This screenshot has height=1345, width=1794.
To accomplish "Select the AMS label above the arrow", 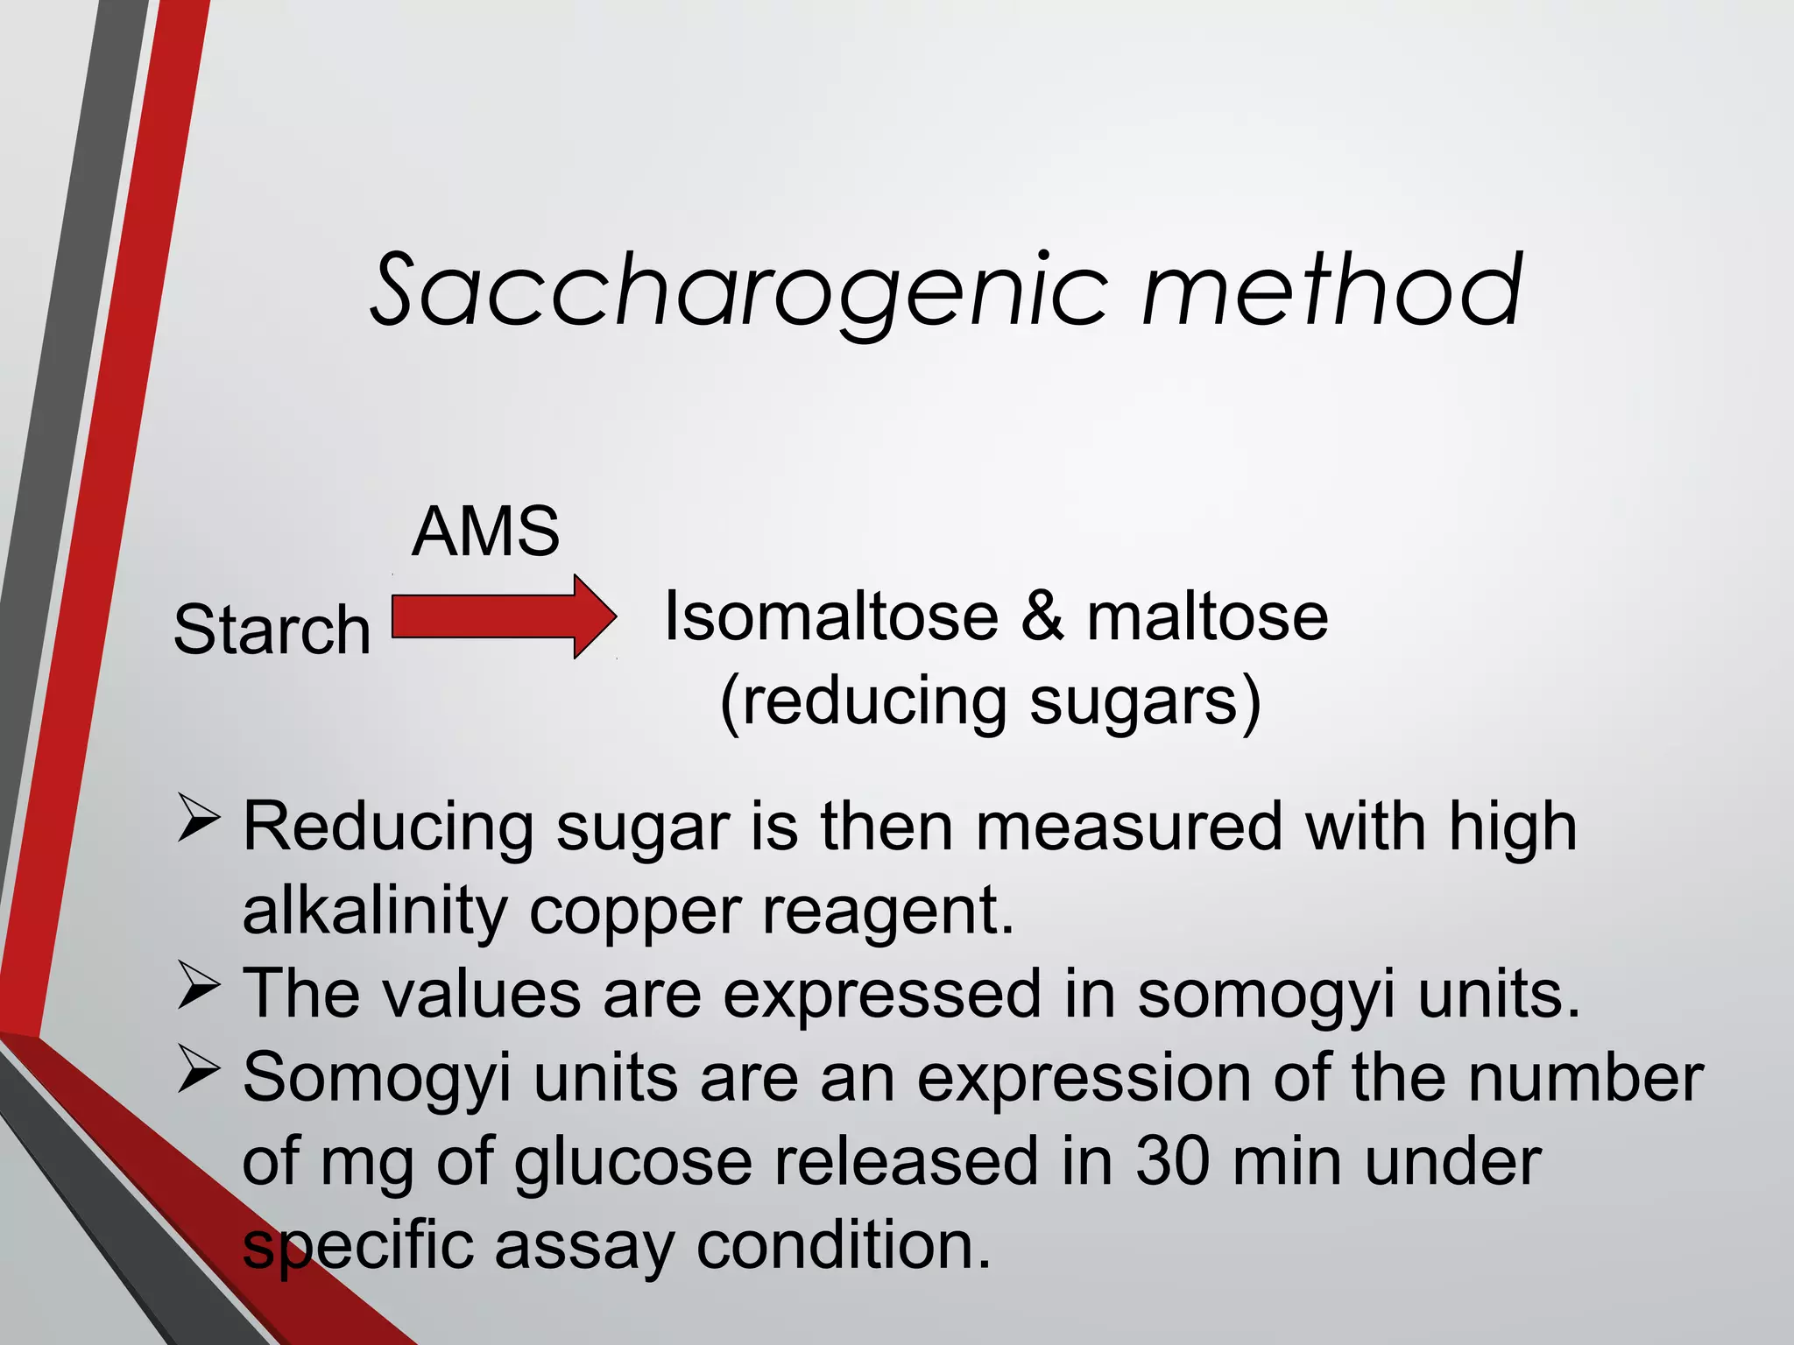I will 485,532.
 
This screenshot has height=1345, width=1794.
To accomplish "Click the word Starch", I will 272,630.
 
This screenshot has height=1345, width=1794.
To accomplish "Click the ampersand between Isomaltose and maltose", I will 1042,616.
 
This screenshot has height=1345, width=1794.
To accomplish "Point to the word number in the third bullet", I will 1586,1077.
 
